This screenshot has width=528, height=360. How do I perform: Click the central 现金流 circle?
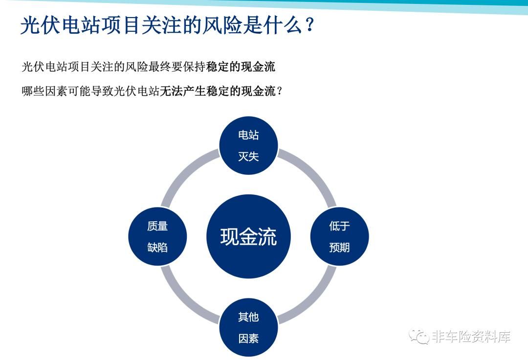(248, 236)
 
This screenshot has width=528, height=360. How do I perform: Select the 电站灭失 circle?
(248, 146)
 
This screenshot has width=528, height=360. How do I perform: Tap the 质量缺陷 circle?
(157, 236)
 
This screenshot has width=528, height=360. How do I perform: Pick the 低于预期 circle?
(339, 236)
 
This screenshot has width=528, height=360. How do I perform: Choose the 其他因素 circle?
(248, 327)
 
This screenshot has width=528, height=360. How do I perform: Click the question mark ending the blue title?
(310, 25)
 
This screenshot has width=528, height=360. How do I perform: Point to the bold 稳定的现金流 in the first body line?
(241, 66)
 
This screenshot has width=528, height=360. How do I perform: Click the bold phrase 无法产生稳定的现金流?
(218, 91)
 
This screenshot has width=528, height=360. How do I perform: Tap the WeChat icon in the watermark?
(418, 336)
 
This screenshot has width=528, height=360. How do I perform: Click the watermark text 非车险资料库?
(471, 336)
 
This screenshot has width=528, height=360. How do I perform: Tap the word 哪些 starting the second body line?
(33, 91)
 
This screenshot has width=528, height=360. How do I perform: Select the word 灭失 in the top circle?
(248, 156)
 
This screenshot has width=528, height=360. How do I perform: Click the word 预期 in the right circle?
(339, 247)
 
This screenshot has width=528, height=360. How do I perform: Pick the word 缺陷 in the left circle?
(157, 247)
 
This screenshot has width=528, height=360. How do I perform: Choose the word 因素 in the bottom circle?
(248, 338)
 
